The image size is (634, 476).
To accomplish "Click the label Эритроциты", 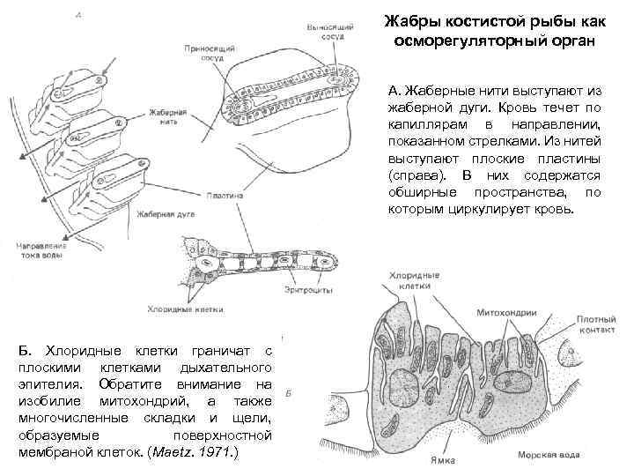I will tap(307, 289).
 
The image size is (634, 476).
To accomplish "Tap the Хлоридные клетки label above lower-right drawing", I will tap(409, 282).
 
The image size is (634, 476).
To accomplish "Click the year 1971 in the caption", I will tap(216, 452).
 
